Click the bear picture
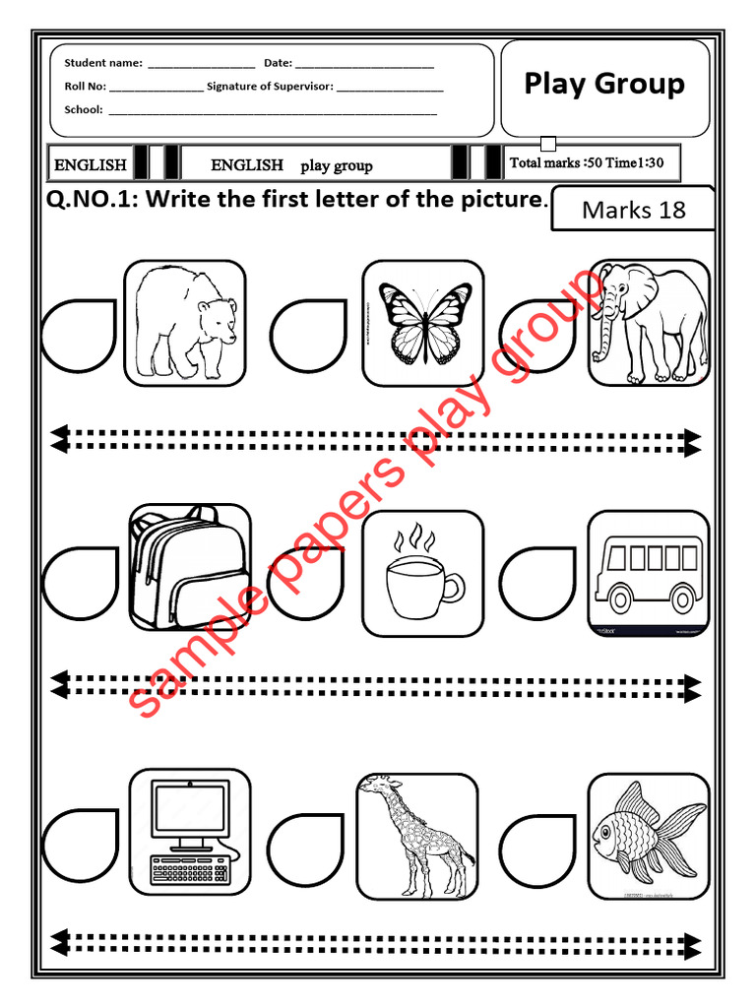click(185, 323)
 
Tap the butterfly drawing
click(423, 323)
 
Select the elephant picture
click(649, 323)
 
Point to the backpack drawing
click(189, 567)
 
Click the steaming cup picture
click(423, 573)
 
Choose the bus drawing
click(649, 573)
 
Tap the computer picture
click(189, 833)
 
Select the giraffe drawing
click(417, 835)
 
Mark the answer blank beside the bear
click(79, 336)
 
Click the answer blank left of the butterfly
click(308, 336)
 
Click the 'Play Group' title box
click(604, 87)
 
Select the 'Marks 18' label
click(633, 210)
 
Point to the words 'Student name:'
click(103, 63)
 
